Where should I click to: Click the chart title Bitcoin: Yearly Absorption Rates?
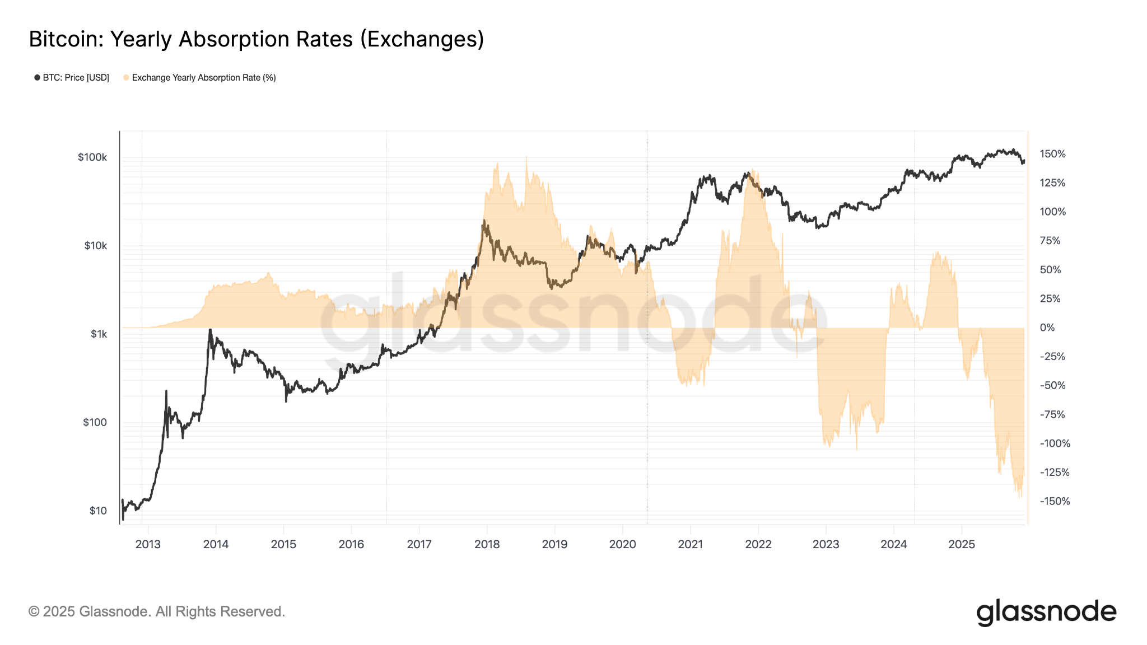[x=256, y=39]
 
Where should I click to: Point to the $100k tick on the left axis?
[x=92, y=157]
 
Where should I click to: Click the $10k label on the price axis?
[x=95, y=246]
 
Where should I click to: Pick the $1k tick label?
[x=99, y=334]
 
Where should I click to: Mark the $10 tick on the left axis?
[x=98, y=511]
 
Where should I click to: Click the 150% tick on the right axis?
[x=1052, y=154]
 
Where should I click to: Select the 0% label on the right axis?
[x=1047, y=328]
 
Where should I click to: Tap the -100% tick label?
[x=1055, y=443]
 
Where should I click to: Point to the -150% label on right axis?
[x=1055, y=501]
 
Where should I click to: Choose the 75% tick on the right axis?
[x=1050, y=241]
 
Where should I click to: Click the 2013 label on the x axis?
[x=148, y=544]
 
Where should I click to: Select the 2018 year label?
[x=487, y=544]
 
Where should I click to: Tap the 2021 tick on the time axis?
[x=690, y=544]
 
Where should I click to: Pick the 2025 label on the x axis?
[x=961, y=544]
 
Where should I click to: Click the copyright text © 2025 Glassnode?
[x=157, y=611]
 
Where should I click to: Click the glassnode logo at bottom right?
[x=1046, y=612]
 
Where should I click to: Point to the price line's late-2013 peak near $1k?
[x=210, y=330]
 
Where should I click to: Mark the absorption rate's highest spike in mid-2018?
[x=526, y=158]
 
